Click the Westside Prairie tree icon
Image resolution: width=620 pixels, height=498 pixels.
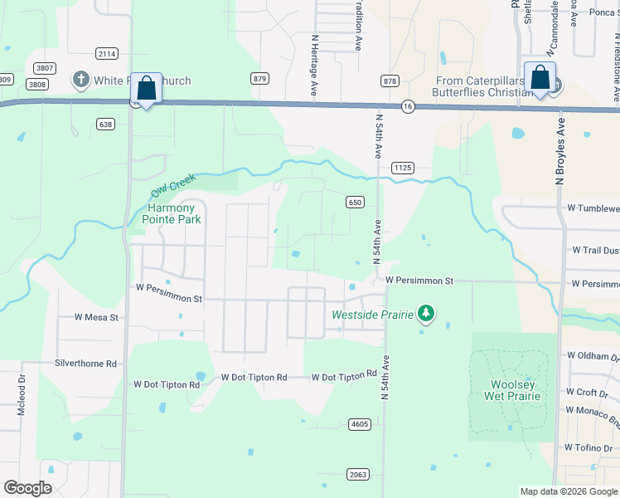click(x=426, y=313)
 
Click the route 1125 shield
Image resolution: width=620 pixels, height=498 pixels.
click(x=403, y=168)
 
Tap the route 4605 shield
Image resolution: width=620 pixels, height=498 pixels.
click(x=359, y=424)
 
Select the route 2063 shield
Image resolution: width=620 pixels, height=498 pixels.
click(x=357, y=474)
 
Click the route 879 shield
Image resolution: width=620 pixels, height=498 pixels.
click(x=260, y=78)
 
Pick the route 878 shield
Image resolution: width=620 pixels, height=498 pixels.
click(x=390, y=81)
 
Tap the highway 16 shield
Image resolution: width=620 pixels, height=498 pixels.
click(x=407, y=106)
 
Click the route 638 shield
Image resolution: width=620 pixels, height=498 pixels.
click(x=104, y=124)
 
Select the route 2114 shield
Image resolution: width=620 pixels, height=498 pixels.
click(x=106, y=53)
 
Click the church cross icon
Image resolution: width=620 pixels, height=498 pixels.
click(x=80, y=80)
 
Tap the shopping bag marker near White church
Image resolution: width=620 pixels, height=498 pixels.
click(x=146, y=88)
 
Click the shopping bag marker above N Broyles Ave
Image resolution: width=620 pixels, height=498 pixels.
click(x=540, y=79)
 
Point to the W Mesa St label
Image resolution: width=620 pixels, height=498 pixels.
click(x=97, y=317)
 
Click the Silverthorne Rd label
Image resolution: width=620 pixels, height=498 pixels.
click(x=85, y=364)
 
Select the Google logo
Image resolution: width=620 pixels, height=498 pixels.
click(x=27, y=488)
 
